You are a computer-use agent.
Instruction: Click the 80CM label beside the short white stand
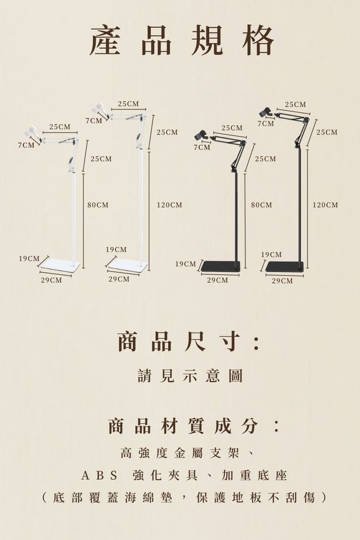(x=98, y=205)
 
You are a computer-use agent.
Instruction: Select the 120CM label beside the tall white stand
(x=169, y=205)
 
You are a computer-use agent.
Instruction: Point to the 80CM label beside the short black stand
(x=262, y=205)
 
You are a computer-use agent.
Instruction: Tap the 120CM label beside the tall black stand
(x=325, y=205)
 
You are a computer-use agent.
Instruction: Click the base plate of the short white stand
(x=60, y=265)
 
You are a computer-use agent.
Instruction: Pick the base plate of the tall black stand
(x=284, y=267)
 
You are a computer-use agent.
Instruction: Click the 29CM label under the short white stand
(x=51, y=280)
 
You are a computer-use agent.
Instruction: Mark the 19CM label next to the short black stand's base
(x=185, y=264)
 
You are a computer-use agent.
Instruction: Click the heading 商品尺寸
(x=188, y=342)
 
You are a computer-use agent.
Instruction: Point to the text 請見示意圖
(x=190, y=376)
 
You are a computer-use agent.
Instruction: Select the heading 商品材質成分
(x=193, y=426)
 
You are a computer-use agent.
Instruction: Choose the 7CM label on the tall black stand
(x=266, y=123)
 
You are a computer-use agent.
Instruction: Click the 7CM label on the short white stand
(x=26, y=145)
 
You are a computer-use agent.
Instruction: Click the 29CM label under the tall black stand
(x=282, y=281)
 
